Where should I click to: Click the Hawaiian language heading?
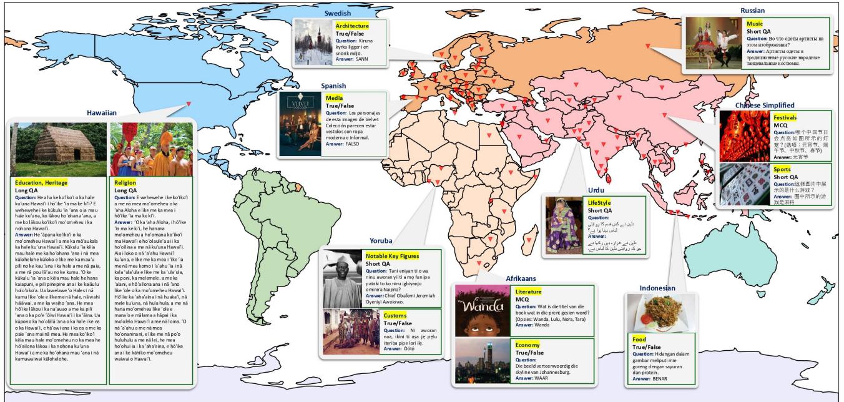click(x=102, y=113)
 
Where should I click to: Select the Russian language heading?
click(x=752, y=11)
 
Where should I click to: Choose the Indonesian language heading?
click(x=657, y=288)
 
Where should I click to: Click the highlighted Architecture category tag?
click(x=351, y=26)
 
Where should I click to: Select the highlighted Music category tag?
click(x=754, y=24)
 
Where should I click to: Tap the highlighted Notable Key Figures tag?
click(x=392, y=256)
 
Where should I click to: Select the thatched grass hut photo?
click(x=59, y=149)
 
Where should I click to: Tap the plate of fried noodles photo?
click(x=660, y=313)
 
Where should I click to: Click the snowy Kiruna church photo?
click(x=313, y=42)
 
